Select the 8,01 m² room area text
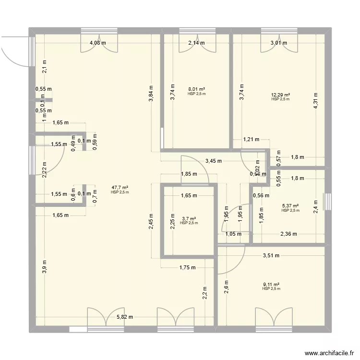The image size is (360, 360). click(x=197, y=89)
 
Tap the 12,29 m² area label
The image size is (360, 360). click(x=280, y=95)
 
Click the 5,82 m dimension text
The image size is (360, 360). click(x=124, y=317)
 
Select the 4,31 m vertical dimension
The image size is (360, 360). click(x=316, y=100)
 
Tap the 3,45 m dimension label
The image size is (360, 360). click(x=214, y=161)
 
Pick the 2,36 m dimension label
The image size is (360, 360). click(x=288, y=234)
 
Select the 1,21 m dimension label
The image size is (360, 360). click(x=251, y=140)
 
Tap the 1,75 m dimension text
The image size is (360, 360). click(x=187, y=268)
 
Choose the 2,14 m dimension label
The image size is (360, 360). click(x=196, y=43)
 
